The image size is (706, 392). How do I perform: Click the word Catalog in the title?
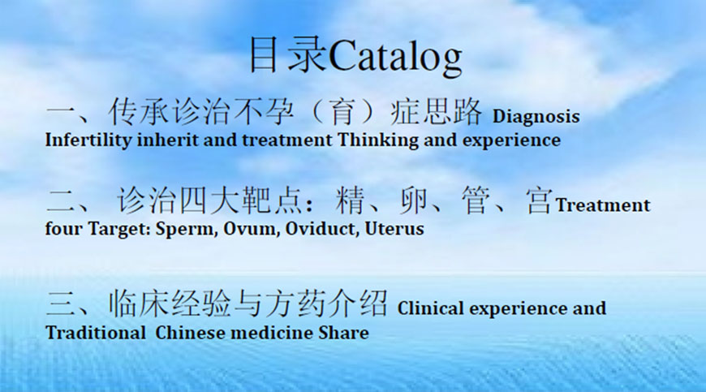point(395,57)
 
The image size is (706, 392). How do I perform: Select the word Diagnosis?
point(536,117)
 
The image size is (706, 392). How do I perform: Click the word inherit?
point(167,140)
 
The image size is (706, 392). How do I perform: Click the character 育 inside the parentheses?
point(342,112)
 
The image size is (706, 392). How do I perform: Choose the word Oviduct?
point(322,229)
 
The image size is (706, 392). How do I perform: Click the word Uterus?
point(394,229)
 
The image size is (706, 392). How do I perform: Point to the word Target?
point(118,230)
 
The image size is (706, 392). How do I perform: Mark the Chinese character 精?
point(351,200)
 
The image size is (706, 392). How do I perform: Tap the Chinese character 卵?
point(413,200)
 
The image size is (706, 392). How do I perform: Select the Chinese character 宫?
point(540,200)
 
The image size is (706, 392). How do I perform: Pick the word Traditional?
point(96,333)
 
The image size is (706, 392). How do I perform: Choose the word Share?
point(343,333)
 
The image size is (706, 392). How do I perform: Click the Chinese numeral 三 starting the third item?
point(60,304)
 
